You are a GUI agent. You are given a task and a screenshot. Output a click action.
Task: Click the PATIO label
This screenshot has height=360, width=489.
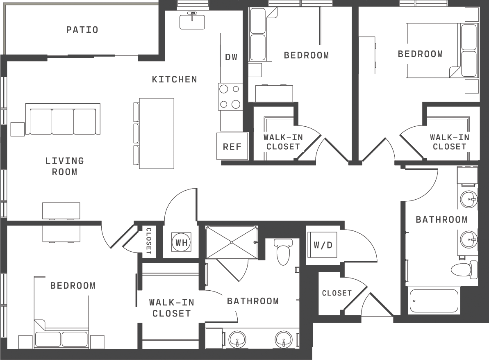coord(82,30)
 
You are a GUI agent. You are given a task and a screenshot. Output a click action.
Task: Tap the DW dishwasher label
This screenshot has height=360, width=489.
coord(232,57)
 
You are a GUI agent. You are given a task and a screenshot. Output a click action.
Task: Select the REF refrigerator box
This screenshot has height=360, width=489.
coord(232,146)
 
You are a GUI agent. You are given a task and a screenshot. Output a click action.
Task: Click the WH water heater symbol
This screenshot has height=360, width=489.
coord(181,242)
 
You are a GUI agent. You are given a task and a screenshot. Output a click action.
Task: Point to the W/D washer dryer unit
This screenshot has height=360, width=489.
coord(322,244)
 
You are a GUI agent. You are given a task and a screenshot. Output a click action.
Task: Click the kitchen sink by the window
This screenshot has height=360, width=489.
coord(192,21)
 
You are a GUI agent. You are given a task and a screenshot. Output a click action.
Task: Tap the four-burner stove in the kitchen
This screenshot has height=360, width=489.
coord(230,96)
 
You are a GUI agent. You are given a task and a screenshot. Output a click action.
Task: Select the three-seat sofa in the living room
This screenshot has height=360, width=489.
coord(63,119)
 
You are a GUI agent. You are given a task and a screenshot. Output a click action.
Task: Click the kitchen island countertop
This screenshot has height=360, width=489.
coord(157,134)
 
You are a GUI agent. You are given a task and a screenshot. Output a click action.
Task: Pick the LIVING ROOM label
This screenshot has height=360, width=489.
coord(64,166)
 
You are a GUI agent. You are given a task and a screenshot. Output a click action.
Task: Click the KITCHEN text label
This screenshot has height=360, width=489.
coord(175,80)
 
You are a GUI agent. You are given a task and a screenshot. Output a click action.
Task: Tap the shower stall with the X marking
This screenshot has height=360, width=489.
coord(232,242)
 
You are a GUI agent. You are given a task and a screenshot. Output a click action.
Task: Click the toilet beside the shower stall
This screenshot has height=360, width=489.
coord(283,251)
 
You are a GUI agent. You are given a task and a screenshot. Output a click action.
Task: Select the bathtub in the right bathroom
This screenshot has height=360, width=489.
coord(434,301)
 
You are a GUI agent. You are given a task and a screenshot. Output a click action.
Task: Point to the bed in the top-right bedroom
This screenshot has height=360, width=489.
coord(442,50)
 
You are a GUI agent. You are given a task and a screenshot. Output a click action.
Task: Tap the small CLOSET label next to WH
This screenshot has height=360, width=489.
coord(149,241)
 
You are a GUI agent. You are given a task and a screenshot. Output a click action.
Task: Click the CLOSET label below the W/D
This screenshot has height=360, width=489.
coord(337,293)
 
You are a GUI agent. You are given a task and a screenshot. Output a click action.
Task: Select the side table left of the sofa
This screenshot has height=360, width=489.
coord(18,129)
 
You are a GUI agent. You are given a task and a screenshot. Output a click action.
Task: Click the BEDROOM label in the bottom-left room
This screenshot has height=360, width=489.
coord(73,286)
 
